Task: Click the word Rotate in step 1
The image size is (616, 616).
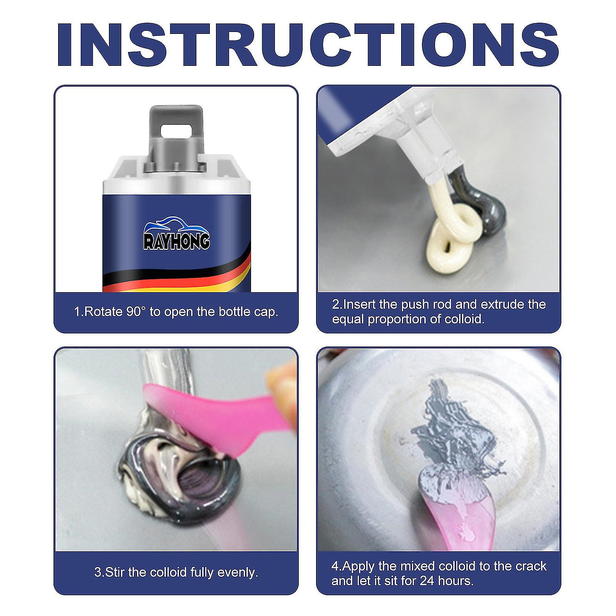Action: tap(103, 311)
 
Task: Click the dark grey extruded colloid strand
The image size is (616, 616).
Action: tap(485, 208)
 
